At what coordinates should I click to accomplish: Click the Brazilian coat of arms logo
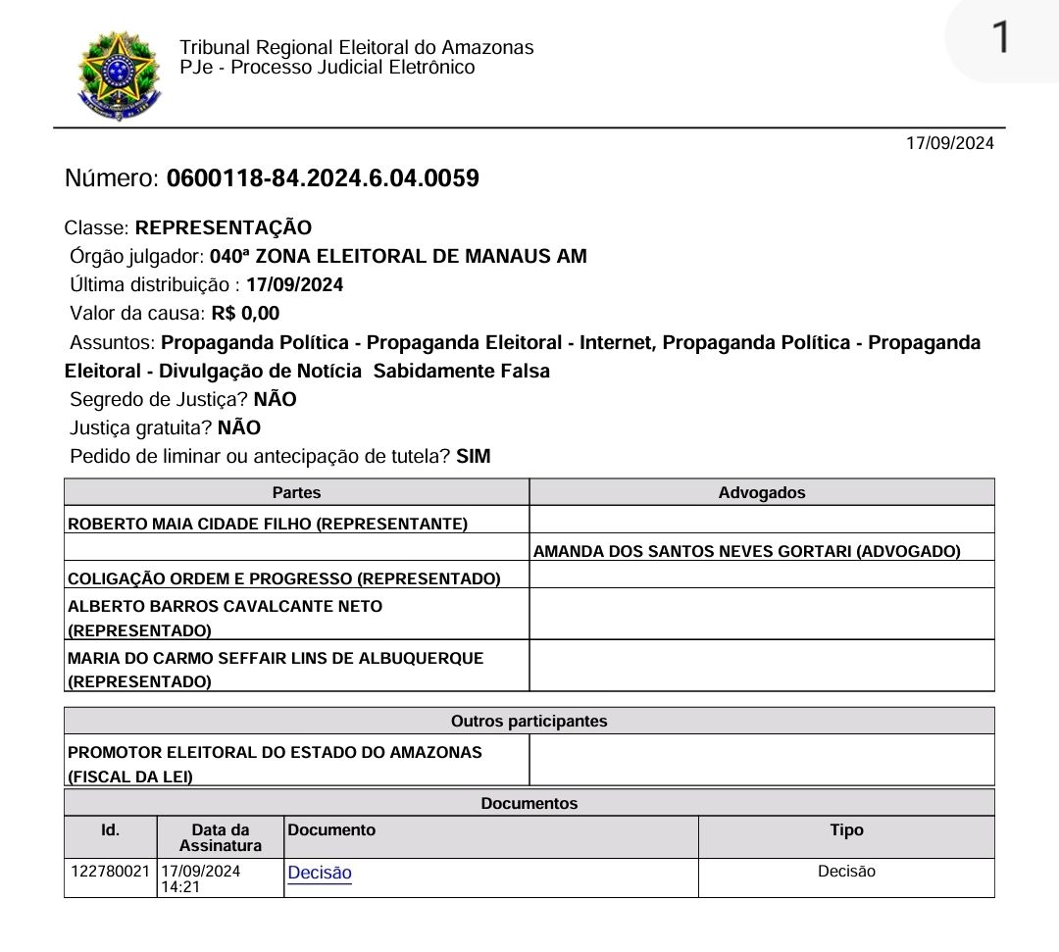pyautogui.click(x=119, y=75)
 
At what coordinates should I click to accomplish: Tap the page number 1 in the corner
pyautogui.click(x=1000, y=38)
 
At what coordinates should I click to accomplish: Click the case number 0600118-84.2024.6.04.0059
pyautogui.click(x=323, y=178)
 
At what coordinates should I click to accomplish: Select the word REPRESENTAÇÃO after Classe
pyautogui.click(x=224, y=228)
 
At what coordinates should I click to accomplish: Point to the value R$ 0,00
pyautogui.click(x=245, y=314)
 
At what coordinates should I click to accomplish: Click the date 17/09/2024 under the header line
pyautogui.click(x=949, y=143)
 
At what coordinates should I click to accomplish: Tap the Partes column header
pyautogui.click(x=296, y=493)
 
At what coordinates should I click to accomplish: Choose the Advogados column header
pyautogui.click(x=761, y=493)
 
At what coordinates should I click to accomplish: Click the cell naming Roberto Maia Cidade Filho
pyautogui.click(x=267, y=524)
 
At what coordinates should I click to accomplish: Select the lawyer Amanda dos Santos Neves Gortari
pyautogui.click(x=746, y=551)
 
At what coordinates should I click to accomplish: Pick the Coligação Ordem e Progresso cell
pyautogui.click(x=283, y=578)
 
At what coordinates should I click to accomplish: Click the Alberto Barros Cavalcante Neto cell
pyautogui.click(x=225, y=617)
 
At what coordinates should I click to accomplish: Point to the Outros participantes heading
pyautogui.click(x=529, y=722)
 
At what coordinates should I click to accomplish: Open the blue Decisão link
pyautogui.click(x=320, y=873)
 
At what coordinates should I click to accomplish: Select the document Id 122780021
pyautogui.click(x=110, y=871)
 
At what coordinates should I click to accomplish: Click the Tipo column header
pyautogui.click(x=846, y=830)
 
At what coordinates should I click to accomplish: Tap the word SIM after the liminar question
pyautogui.click(x=473, y=456)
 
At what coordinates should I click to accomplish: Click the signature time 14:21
pyautogui.click(x=176, y=886)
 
